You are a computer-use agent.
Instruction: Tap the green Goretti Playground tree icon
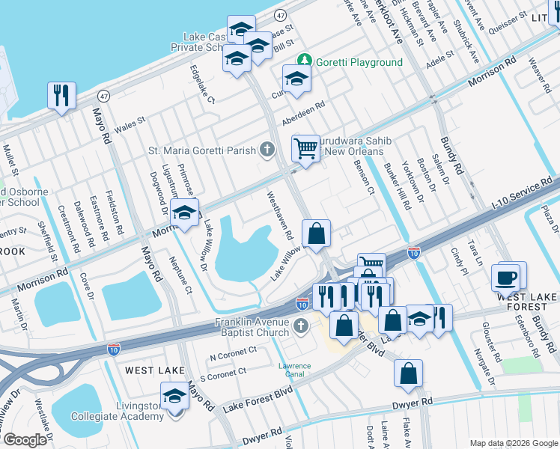coord(305,61)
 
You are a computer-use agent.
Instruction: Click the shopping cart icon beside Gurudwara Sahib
coord(305,148)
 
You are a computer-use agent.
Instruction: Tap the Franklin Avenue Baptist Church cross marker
coord(301,326)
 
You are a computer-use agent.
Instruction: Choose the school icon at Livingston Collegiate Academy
coord(174,396)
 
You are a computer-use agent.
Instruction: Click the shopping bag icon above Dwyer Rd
coord(408,373)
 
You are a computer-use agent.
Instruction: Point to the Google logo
coord(25,439)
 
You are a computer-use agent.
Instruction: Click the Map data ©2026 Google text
coord(513,442)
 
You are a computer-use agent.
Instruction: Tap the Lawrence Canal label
coord(295,370)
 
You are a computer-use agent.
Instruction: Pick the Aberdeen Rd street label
coord(304,114)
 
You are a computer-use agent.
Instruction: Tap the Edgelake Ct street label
coord(203,84)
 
